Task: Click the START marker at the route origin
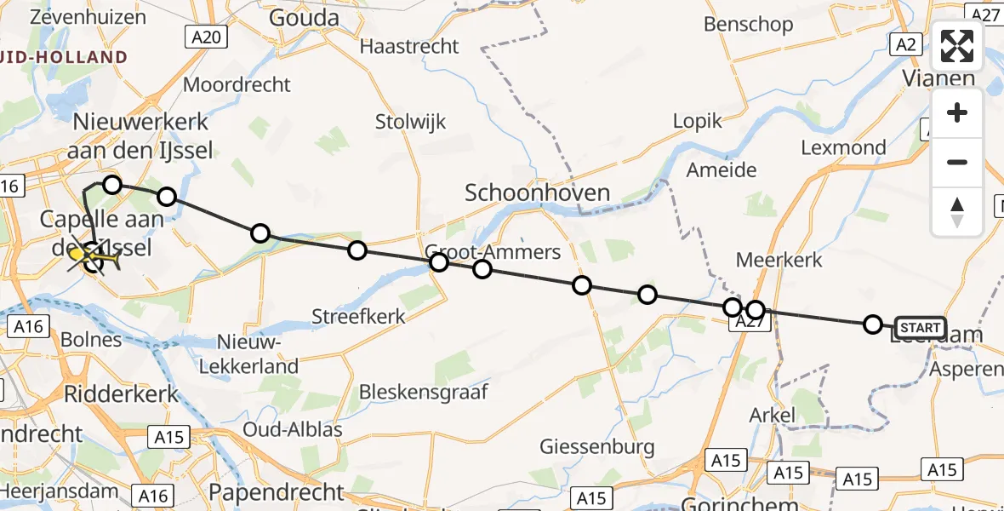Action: click(x=920, y=328)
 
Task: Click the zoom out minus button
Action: click(x=957, y=162)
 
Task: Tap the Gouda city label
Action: click(x=304, y=18)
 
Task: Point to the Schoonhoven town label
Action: click(x=537, y=193)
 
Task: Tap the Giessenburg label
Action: click(x=598, y=446)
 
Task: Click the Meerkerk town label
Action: click(x=779, y=260)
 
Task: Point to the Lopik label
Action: click(x=697, y=120)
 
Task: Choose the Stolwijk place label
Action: click(x=410, y=123)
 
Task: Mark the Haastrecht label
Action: click(x=409, y=46)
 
